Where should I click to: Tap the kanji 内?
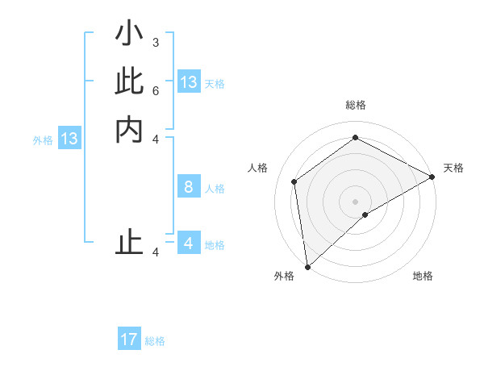129,129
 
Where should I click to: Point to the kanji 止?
129,242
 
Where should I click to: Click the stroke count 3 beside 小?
155,42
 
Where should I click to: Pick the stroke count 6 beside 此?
155,90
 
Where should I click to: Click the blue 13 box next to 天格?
189,82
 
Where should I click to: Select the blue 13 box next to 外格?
69,139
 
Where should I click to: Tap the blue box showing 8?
189,187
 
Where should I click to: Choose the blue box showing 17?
129,339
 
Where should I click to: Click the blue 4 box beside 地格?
189,244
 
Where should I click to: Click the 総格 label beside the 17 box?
155,341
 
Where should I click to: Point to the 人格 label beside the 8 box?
215,189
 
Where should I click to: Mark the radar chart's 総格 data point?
355,138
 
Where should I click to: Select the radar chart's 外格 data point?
307,266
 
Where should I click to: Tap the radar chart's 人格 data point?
295,181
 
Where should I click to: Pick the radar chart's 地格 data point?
365,214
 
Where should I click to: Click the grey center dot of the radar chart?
355,201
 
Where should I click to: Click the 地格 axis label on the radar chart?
423,277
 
